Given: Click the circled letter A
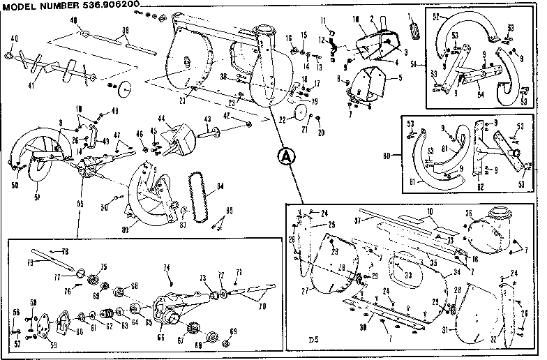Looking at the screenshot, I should [x=283, y=156].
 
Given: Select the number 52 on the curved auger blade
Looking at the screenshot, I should [x=436, y=15].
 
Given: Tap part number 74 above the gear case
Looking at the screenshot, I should [x=167, y=267].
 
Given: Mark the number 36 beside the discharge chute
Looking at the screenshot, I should [x=468, y=213].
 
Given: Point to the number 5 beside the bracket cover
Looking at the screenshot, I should [x=400, y=77].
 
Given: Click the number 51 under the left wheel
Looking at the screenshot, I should [x=37, y=196].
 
